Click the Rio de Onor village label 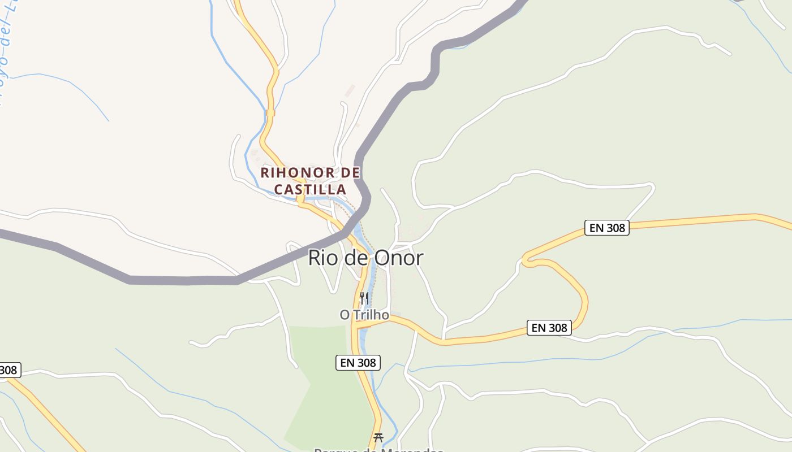(x=365, y=258)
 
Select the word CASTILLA (x=310, y=189)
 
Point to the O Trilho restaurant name (x=364, y=315)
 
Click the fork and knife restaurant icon (x=364, y=297)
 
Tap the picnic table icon (x=378, y=437)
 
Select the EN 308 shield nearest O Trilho (x=358, y=363)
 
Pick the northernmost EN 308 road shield (x=606, y=228)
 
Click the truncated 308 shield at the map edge (x=9, y=370)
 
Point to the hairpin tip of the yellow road (x=525, y=262)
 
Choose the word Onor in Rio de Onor (x=398, y=258)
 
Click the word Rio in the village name (x=321, y=258)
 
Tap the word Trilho (x=372, y=315)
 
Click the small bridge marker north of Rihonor (x=270, y=113)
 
